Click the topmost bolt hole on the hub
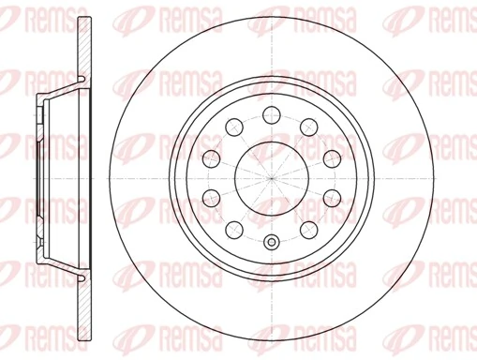[272, 113]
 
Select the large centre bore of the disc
[272, 178]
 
